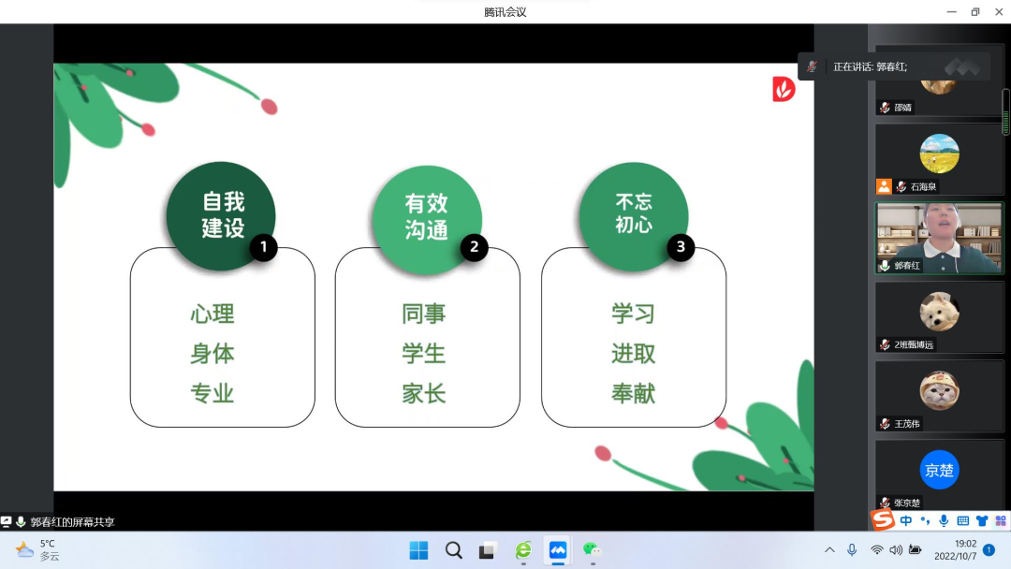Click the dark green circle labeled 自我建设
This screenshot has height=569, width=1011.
click(x=221, y=216)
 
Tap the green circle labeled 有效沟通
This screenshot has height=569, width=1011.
click(x=427, y=220)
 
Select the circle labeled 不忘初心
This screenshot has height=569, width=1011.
click(x=633, y=216)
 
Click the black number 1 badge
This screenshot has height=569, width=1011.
click(x=263, y=247)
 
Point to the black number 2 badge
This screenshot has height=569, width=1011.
click(x=474, y=247)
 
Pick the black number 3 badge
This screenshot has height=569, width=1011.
click(x=681, y=247)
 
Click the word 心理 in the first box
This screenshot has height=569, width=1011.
click(x=212, y=314)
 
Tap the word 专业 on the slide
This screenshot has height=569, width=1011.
click(x=212, y=393)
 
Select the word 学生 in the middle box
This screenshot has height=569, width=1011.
click(x=424, y=354)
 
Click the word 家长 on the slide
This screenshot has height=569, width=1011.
click(x=424, y=393)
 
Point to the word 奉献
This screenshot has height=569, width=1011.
click(x=633, y=393)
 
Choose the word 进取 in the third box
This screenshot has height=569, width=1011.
click(x=633, y=354)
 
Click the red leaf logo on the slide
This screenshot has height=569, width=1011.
click(x=784, y=89)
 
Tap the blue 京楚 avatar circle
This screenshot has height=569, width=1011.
click(x=939, y=470)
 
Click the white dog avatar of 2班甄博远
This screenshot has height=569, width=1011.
click(x=939, y=312)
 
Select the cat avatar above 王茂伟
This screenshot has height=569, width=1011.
click(x=939, y=390)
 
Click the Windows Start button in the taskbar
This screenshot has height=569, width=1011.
click(x=418, y=550)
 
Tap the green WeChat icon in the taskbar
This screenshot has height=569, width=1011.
click(x=592, y=549)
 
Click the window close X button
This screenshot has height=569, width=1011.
click(x=999, y=11)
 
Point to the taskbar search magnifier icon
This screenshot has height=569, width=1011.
click(x=454, y=550)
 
